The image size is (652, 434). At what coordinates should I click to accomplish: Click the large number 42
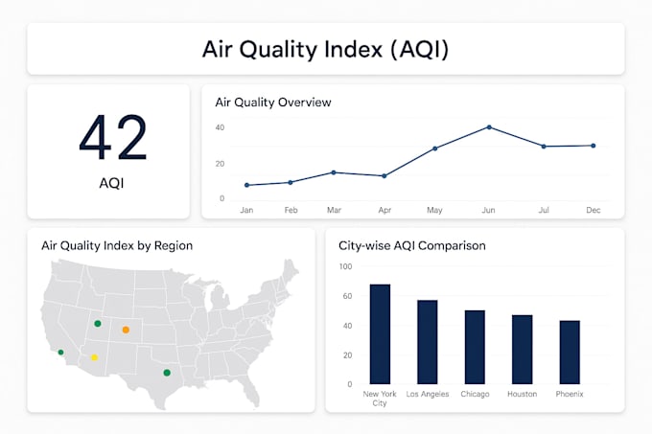pos(113,138)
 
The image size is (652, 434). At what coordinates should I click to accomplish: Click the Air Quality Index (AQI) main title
pos(325,49)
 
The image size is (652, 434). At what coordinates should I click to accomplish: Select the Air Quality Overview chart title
pos(273,102)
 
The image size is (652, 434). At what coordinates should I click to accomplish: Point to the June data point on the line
pos(489,126)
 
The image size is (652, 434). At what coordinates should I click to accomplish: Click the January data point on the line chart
pos(246,185)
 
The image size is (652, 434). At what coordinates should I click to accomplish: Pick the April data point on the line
pos(384,175)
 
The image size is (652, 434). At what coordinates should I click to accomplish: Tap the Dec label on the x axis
pos(593,210)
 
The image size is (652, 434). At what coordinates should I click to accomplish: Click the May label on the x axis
pos(434,210)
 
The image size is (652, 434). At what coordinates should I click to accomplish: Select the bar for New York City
pos(380,334)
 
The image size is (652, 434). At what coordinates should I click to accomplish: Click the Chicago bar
pos(475,347)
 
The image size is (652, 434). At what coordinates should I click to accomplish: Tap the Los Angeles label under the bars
pos(428,394)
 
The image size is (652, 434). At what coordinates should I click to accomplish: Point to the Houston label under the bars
pos(522,394)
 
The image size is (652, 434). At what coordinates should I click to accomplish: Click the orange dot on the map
pos(126,330)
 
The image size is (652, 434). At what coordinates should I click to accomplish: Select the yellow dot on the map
pos(94,357)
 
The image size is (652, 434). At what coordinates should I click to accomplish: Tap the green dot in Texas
pos(167,373)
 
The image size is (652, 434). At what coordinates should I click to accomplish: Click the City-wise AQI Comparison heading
pos(412,245)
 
